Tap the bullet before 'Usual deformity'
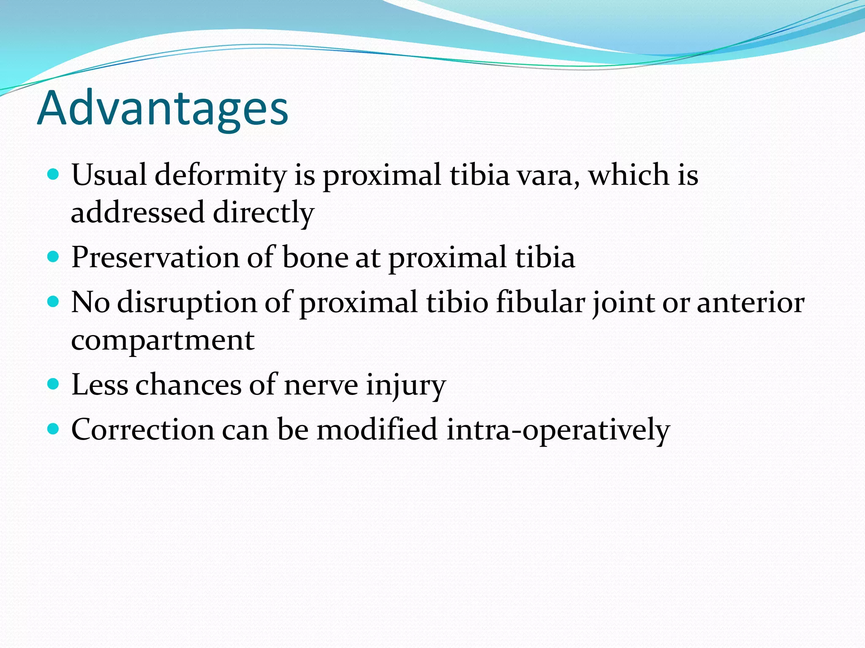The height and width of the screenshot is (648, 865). coord(53,174)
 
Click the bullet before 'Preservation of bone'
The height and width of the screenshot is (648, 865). coord(53,256)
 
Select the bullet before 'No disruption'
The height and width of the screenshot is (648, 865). coord(53,302)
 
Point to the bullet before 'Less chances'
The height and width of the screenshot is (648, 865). coord(53,384)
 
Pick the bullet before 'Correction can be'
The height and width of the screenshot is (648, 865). coord(53,429)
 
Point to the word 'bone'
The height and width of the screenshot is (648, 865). coord(315,257)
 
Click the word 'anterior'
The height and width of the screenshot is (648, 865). coord(750,303)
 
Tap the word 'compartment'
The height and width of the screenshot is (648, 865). coord(163,341)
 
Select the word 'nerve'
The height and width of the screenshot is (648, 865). coord(321,385)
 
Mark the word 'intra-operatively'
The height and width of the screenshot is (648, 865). coord(558,430)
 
